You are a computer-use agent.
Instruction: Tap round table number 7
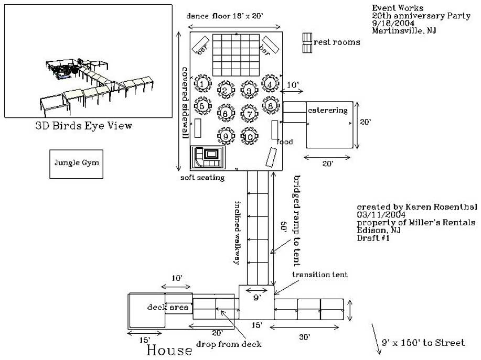(250, 113)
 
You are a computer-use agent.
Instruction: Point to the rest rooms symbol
(307, 42)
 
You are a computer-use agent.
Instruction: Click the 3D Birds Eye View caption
(83, 126)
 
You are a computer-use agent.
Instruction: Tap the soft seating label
(202, 178)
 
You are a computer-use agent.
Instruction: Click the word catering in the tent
(328, 111)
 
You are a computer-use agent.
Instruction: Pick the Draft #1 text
(373, 238)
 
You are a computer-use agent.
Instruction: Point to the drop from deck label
(229, 344)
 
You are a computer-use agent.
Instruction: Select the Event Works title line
(398, 8)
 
